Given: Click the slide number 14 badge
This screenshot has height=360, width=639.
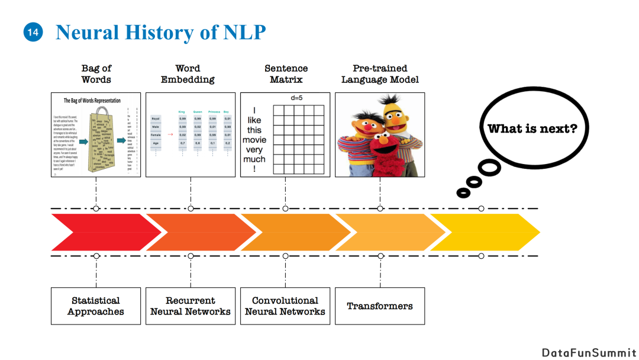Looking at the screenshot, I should (x=33, y=33).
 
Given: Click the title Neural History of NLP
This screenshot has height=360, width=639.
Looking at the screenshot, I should (x=160, y=33).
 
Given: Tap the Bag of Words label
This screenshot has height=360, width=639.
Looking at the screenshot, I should (x=96, y=74).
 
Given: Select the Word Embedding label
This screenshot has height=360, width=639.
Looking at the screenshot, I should (x=188, y=74).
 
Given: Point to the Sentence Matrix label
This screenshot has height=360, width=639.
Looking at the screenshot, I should (x=286, y=74).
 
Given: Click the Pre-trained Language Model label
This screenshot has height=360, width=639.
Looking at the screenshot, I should (x=380, y=74).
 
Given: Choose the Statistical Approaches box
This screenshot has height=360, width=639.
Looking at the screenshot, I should (x=96, y=306).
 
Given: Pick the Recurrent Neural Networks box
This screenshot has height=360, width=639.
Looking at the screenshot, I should (x=191, y=306).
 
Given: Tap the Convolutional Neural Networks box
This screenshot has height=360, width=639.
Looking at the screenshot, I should (x=285, y=306).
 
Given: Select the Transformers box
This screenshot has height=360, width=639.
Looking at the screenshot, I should (x=380, y=306).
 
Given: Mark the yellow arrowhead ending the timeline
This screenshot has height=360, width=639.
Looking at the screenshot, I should (x=521, y=232).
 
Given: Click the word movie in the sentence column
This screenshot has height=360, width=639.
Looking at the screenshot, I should (x=254, y=140).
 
